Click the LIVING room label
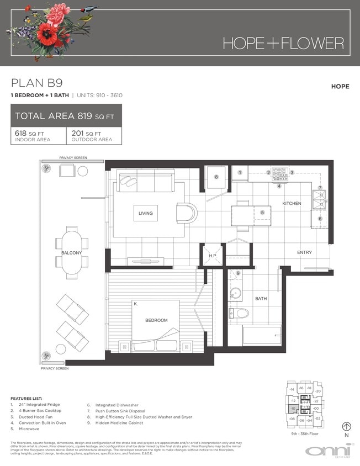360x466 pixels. (x=146, y=213)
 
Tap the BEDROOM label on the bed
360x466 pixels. (x=156, y=320)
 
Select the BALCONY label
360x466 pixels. (x=72, y=253)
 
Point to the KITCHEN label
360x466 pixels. (x=292, y=204)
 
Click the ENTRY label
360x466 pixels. (x=304, y=252)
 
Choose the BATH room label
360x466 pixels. (x=261, y=299)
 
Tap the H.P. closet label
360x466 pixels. (x=211, y=256)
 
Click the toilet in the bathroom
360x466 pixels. (x=240, y=314)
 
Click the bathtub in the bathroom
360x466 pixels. (x=262, y=336)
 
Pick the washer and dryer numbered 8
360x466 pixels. (x=216, y=177)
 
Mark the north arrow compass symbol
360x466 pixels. (x=347, y=426)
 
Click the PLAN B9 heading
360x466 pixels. (x=34, y=84)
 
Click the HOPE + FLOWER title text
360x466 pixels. (x=283, y=43)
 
